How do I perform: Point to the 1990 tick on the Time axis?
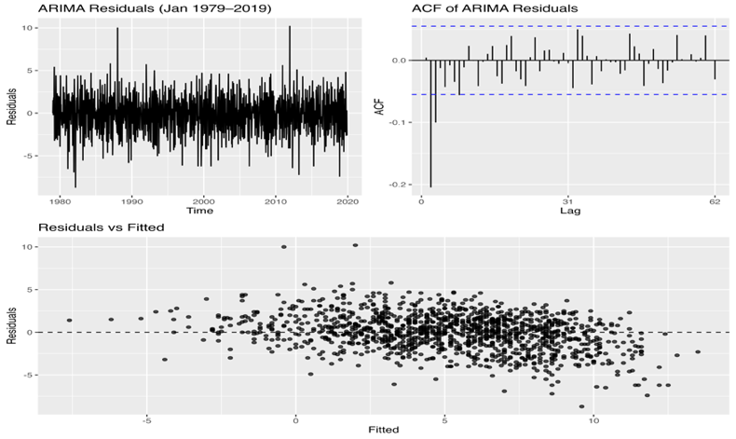point(132,199)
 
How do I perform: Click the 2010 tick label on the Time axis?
point(276,199)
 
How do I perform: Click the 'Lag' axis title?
point(567,211)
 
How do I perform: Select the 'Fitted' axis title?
point(385,431)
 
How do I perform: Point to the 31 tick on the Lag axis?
point(567,199)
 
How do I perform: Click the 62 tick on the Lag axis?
point(715,199)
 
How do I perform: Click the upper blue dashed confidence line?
point(567,26)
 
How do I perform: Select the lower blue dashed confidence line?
point(567,94)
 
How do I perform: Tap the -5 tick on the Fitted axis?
point(146,419)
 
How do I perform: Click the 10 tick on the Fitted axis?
point(593,419)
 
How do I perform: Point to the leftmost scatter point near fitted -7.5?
point(69,320)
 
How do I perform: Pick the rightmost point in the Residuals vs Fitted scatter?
point(697,351)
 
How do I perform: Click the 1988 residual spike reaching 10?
point(117,30)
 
